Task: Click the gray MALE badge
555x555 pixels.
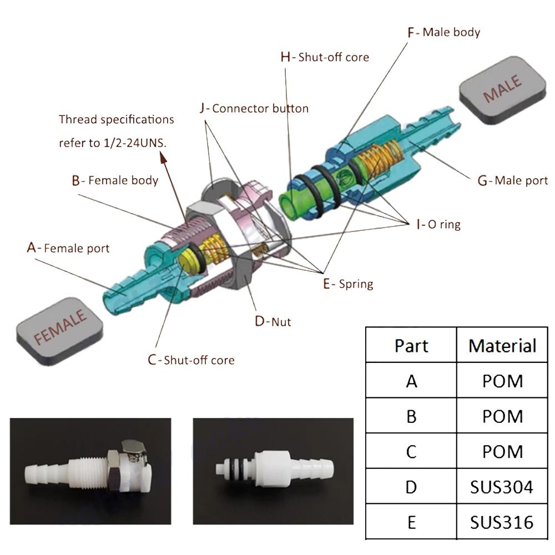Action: point(503,89)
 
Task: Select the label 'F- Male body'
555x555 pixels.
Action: point(444,32)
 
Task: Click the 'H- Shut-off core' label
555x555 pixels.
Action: point(325,57)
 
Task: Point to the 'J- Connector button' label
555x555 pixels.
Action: point(254,108)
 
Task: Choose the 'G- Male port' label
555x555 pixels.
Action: point(513,180)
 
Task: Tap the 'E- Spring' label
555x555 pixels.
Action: point(348,284)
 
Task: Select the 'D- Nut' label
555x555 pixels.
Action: point(273,321)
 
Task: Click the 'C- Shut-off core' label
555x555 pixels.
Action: point(191,360)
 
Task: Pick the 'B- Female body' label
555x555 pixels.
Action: point(115,180)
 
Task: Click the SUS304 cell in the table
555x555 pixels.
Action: point(501,487)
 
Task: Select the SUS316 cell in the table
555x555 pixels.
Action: point(501,522)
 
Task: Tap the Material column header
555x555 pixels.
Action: point(502,346)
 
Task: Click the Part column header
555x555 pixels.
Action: point(411,346)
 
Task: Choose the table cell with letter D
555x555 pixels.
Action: point(411,487)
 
